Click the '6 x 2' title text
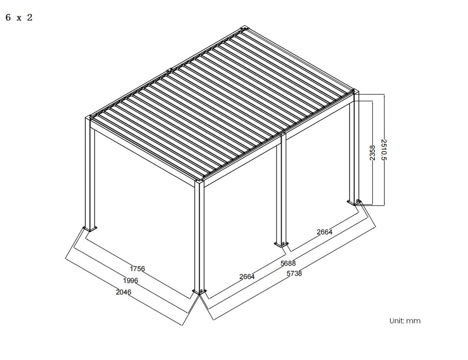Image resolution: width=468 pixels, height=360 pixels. pyautogui.click(x=19, y=18)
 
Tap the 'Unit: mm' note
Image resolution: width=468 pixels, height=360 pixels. pyautogui.click(x=405, y=321)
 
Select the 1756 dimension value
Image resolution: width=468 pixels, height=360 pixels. pyautogui.click(x=137, y=269)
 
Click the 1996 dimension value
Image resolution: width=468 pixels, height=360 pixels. pyautogui.click(x=130, y=281)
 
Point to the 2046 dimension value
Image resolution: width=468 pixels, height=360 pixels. pyautogui.click(x=123, y=292)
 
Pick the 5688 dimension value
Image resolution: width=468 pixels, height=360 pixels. pyautogui.click(x=288, y=263)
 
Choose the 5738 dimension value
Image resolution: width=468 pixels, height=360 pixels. pyautogui.click(x=294, y=274)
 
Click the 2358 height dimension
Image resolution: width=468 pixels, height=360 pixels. pyautogui.click(x=372, y=153)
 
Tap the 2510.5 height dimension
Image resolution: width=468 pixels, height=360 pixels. pyautogui.click(x=383, y=149)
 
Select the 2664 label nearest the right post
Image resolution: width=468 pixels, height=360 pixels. pyautogui.click(x=324, y=232)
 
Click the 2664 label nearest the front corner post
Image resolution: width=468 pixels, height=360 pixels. pyautogui.click(x=247, y=276)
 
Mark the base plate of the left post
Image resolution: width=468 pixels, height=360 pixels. pyautogui.click(x=91, y=229)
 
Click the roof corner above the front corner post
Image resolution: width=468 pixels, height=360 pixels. pyautogui.click(x=199, y=181)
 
